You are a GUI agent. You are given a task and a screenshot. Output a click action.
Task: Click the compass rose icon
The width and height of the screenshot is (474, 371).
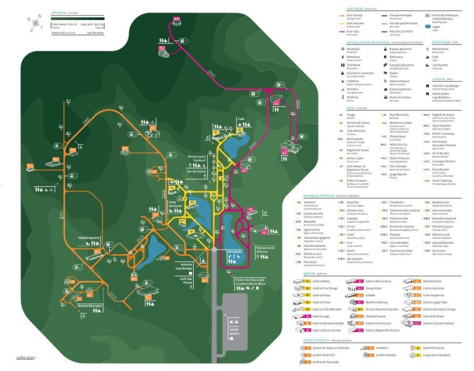click(x=35, y=23)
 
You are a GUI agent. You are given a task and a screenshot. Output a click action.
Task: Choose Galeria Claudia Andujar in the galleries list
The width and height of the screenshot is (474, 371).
click(x=441, y=323)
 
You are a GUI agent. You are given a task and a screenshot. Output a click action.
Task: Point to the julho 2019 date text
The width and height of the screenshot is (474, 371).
click(x=25, y=357)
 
